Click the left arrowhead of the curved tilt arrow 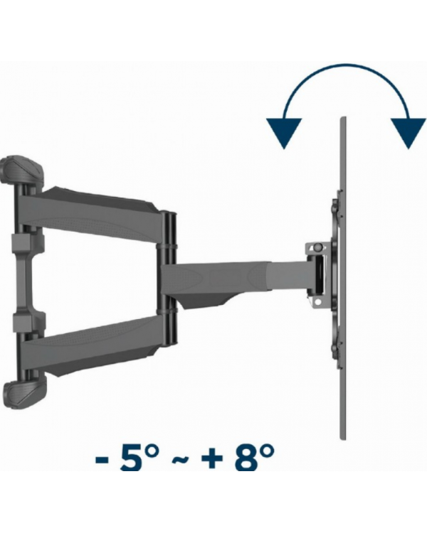pos(284,131)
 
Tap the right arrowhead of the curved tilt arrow pos(408,131)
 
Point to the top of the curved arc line pos(347,65)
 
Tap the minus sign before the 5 pos(102,460)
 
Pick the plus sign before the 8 pos(212,459)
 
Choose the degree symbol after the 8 pos(267,451)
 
